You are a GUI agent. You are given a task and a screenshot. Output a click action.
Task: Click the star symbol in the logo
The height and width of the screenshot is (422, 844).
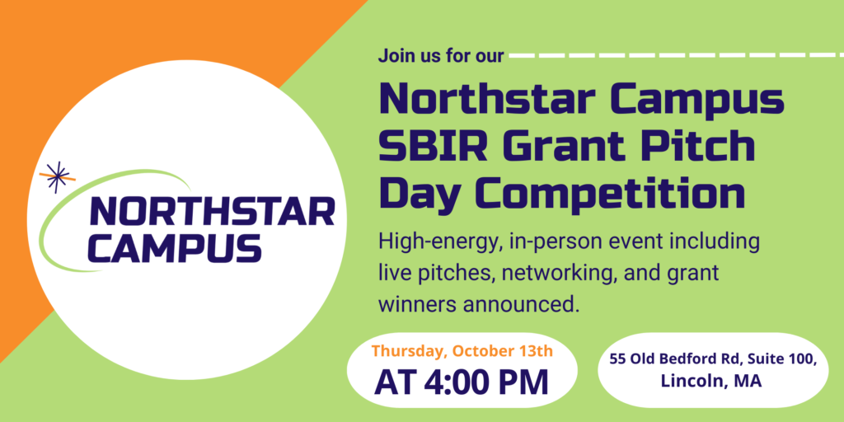(x=57, y=177)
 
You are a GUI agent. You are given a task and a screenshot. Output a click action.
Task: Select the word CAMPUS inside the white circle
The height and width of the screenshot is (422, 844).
(x=175, y=247)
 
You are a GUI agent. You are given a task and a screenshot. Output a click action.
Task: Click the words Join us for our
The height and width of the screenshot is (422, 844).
(x=441, y=55)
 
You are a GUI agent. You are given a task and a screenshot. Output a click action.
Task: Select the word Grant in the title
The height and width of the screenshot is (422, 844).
(x=571, y=147)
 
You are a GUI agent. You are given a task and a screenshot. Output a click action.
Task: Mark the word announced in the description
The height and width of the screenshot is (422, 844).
(x=521, y=304)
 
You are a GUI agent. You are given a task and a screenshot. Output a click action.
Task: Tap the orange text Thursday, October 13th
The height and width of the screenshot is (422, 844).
(x=462, y=351)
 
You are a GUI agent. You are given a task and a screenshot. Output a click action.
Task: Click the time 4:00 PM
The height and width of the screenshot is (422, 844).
(x=486, y=382)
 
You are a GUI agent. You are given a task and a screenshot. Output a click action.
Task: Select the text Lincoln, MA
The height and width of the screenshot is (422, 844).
(x=711, y=381)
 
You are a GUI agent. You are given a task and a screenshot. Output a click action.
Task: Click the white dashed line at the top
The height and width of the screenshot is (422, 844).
(x=677, y=55)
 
